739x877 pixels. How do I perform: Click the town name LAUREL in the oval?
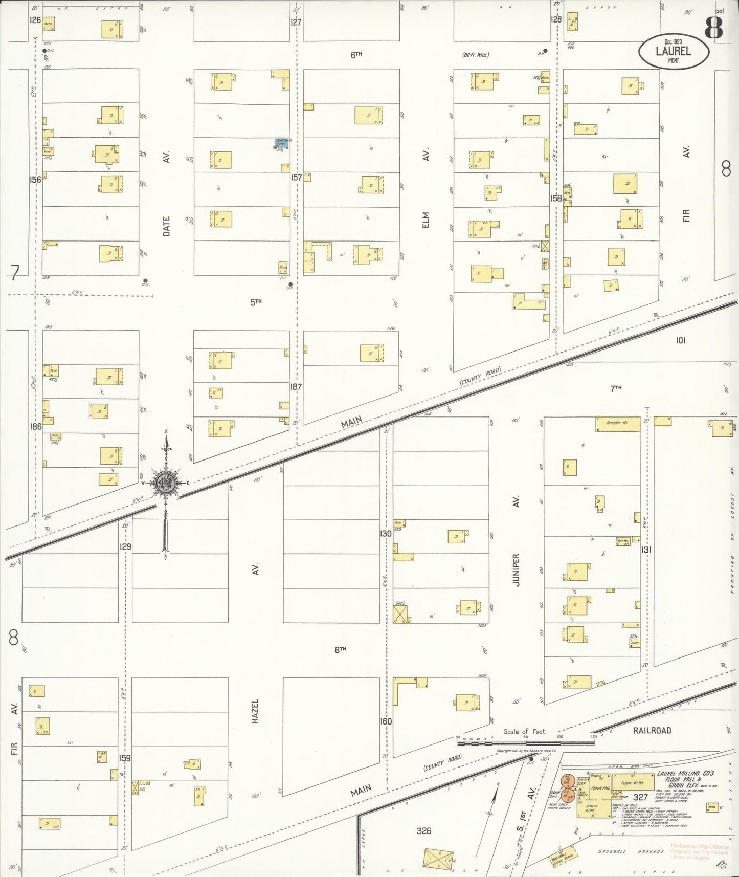pos(673,51)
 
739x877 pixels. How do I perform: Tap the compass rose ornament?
pos(166,483)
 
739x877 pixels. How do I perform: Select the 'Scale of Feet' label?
pos(524,731)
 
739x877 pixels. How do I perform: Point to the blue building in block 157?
pos(281,143)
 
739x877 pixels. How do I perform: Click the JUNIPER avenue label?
pos(516,569)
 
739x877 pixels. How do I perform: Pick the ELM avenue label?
pos(426,220)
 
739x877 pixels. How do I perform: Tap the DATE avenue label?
pos(166,226)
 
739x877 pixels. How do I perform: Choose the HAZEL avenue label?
pos(255,711)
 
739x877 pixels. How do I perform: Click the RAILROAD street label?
pos(652,730)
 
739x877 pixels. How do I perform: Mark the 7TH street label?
pos(616,388)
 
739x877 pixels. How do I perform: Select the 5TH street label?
pos(256,302)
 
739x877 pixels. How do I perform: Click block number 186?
pos(35,426)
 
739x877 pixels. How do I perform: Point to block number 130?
pos(386,533)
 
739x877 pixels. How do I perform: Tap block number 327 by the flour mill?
pos(640,797)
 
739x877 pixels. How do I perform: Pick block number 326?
pos(424,830)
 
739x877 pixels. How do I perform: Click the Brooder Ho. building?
pos(617,423)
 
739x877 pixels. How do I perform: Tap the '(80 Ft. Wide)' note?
pos(476,55)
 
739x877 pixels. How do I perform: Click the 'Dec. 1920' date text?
pos(673,41)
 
